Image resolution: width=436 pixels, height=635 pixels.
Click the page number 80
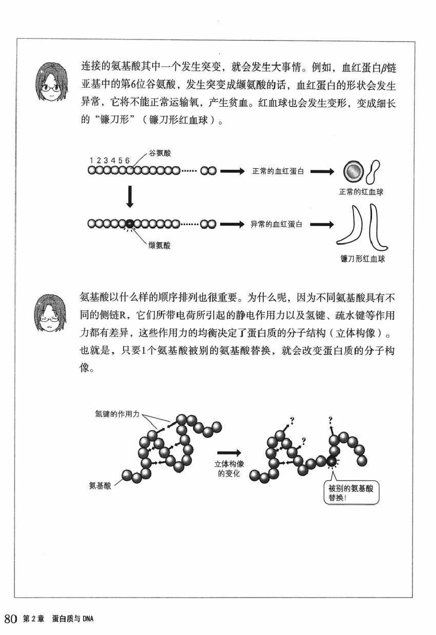12,619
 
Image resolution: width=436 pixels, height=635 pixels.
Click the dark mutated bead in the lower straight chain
130,224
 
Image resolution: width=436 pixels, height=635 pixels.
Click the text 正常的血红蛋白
278,171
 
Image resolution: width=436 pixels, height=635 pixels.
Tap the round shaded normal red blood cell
352,172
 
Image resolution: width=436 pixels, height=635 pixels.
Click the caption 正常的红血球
362,192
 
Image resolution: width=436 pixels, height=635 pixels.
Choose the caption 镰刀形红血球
363,259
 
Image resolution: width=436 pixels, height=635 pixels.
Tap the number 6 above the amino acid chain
127,160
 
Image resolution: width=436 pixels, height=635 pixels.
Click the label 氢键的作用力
117,413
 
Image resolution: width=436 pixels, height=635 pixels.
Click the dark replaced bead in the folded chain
332,462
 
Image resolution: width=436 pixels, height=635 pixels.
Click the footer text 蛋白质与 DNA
75,620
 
